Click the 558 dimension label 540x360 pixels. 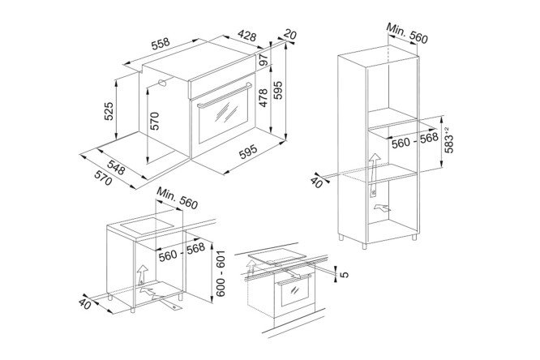[161, 43]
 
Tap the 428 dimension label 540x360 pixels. [247, 36]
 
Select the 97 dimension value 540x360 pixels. [264, 60]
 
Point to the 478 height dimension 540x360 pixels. [264, 98]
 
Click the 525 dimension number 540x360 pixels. [109, 111]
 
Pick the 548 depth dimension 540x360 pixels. [116, 167]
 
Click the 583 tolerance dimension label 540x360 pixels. [448, 140]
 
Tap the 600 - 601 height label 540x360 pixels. [221, 273]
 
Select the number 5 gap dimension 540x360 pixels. [345, 275]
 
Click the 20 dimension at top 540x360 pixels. [290, 35]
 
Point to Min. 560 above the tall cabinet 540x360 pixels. [407, 33]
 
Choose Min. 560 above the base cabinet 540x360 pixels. [178, 198]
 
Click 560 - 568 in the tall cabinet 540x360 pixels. [415, 140]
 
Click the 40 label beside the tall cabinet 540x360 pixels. [317, 182]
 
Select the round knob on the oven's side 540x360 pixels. [162, 83]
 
